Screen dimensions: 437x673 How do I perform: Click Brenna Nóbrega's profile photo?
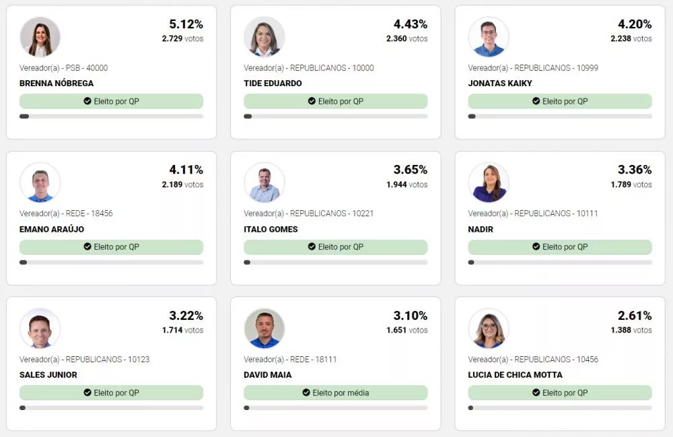click(x=40, y=37)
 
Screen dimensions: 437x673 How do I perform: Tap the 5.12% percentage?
click(x=186, y=24)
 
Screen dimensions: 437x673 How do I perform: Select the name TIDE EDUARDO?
click(x=273, y=83)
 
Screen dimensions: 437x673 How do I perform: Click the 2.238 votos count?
click(x=631, y=39)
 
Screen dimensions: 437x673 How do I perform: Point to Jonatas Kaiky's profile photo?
click(x=489, y=37)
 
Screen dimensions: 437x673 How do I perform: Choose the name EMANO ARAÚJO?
click(x=52, y=229)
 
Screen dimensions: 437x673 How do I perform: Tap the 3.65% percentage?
click(x=410, y=170)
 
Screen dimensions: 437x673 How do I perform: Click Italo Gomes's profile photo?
click(x=264, y=182)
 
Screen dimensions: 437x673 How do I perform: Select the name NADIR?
click(x=481, y=229)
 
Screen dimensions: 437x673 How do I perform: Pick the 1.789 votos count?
click(x=631, y=184)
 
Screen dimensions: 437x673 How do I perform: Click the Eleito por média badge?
click(x=335, y=393)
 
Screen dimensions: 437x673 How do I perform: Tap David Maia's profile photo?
click(x=264, y=329)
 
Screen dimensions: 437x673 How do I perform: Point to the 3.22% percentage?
click(x=186, y=316)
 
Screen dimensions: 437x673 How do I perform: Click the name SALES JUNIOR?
click(x=48, y=375)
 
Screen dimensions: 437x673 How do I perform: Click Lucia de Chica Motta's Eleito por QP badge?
click(x=559, y=393)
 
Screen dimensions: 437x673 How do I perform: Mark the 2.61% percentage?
click(x=635, y=316)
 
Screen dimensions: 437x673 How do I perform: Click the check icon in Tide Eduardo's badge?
click(x=312, y=101)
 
